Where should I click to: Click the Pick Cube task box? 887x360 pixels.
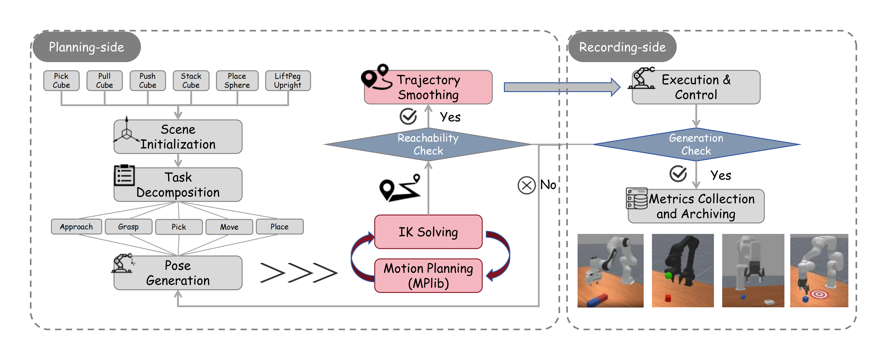coord(61,81)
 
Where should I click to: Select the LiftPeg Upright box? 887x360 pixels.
coord(288,81)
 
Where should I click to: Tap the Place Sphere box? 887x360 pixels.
coord(237,81)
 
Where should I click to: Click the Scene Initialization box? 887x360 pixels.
coord(178,137)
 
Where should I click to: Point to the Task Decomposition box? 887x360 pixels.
coord(178,184)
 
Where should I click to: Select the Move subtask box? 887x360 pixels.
coord(229,227)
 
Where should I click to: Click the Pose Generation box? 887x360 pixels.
coord(178,273)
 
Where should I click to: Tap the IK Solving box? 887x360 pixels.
coord(428,232)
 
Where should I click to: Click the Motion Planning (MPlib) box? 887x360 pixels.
coord(428,275)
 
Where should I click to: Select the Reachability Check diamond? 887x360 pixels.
coord(428,144)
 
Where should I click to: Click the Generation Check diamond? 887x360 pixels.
coord(696,144)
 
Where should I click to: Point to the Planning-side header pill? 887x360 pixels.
coord(87,47)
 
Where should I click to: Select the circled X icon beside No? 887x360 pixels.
coord(527,186)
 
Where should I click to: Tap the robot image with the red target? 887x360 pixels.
coord(819,271)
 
